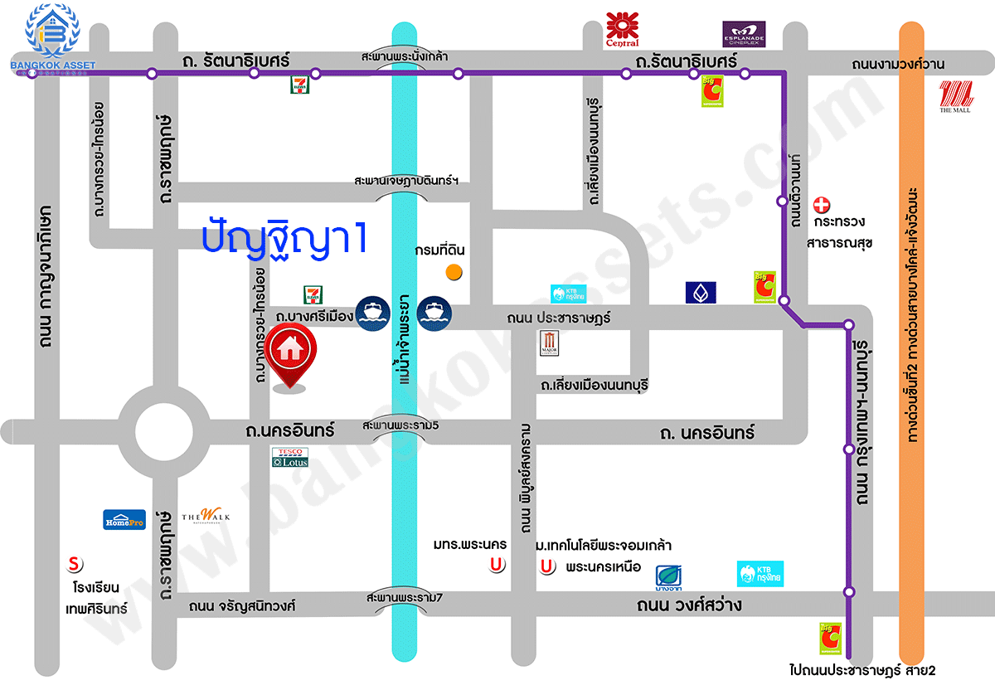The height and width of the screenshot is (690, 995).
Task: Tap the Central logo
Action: pyautogui.click(x=622, y=29)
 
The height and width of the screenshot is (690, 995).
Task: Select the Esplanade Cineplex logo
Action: pyautogui.click(x=744, y=34)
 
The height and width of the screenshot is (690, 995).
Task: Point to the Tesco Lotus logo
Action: pyautogui.click(x=289, y=458)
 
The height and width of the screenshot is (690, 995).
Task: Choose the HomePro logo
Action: pyautogui.click(x=124, y=519)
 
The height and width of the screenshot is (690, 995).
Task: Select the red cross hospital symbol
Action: pyautogui.click(x=821, y=204)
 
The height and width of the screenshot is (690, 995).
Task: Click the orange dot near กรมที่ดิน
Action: pyautogui.click(x=454, y=271)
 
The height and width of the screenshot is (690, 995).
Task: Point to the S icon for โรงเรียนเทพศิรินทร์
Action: pyautogui.click(x=75, y=565)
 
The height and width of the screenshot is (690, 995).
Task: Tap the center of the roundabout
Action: pyautogui.click(x=163, y=430)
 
